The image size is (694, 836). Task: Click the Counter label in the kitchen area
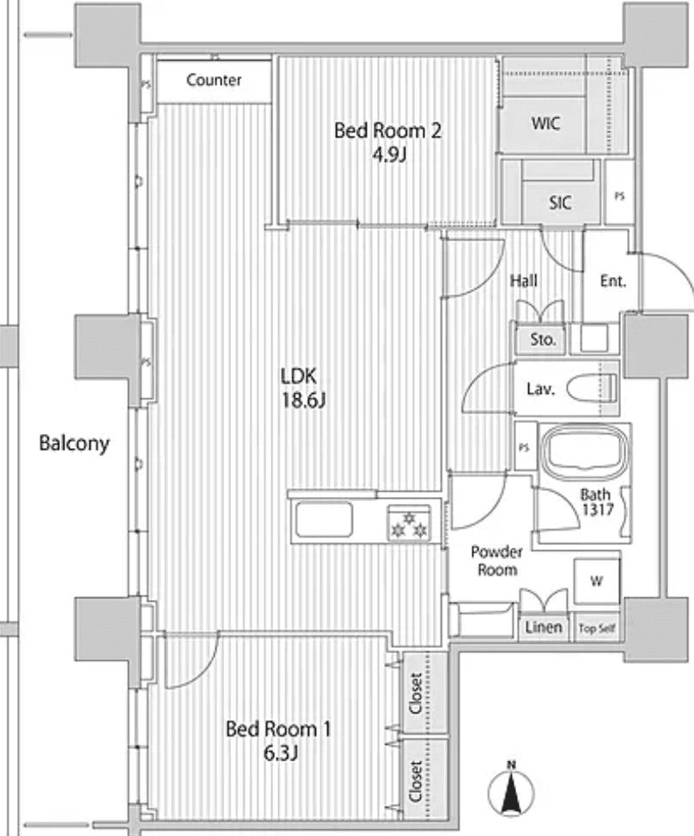[214, 81]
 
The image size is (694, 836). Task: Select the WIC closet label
[545, 123]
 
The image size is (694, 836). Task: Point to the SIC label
[560, 203]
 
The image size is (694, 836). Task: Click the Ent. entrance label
[613, 281]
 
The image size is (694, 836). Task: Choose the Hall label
[523, 281]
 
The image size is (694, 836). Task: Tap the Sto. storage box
[543, 339]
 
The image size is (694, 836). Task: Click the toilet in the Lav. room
[598, 388]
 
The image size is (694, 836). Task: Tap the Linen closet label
[544, 627]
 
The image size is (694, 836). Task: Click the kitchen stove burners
[409, 524]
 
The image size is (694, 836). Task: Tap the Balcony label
[74, 444]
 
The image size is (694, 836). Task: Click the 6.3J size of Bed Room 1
[277, 754]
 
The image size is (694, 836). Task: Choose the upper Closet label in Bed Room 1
[415, 692]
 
